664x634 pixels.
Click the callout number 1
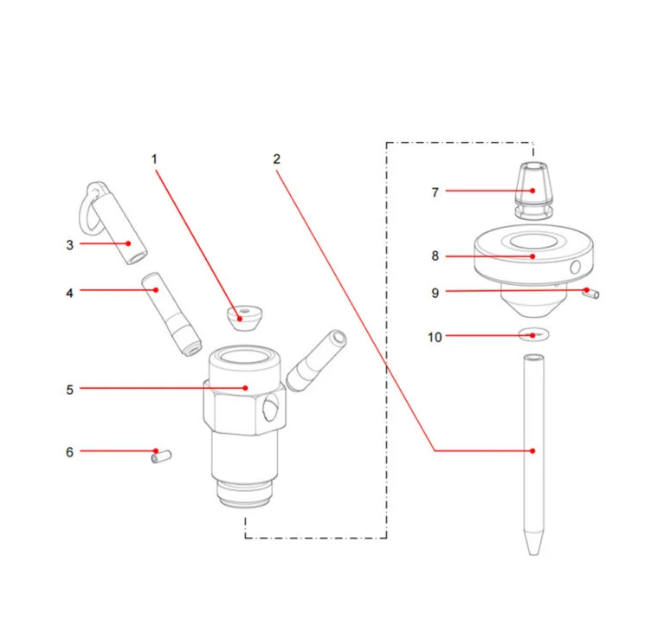[155, 159]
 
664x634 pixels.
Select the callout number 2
[276, 159]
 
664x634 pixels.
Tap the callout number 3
[70, 245]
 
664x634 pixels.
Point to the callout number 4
[70, 293]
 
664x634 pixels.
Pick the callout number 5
[70, 389]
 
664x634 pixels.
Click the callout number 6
[70, 452]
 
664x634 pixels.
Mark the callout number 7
[435, 192]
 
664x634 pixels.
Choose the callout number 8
[435, 256]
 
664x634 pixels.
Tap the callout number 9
[435, 293]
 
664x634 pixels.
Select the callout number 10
[435, 337]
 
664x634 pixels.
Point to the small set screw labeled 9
[592, 294]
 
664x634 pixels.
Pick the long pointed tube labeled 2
[533, 450]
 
